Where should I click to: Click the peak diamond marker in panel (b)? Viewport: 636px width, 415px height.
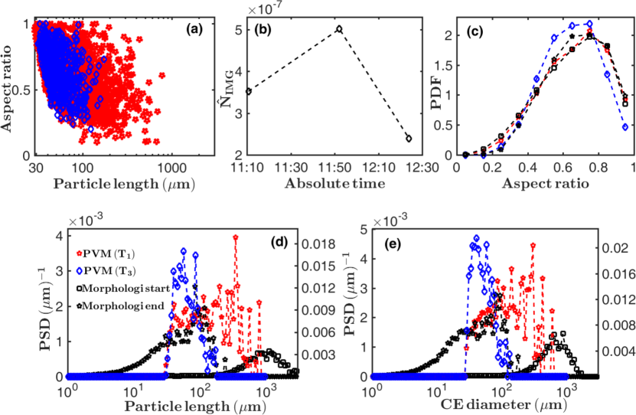pos(339,29)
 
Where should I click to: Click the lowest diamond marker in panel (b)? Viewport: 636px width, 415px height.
pos(409,139)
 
